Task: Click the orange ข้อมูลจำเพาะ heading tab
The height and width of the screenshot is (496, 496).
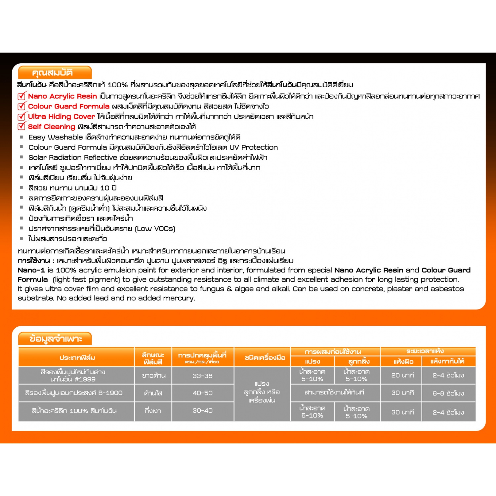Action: (55, 339)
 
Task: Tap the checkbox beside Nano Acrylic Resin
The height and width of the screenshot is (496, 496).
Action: (21, 96)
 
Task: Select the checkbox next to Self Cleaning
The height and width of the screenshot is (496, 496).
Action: (21, 126)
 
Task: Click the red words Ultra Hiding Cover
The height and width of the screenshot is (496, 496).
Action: (62, 116)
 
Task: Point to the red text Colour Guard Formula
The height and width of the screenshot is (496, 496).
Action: (68, 106)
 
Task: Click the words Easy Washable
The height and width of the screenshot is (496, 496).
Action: (56, 137)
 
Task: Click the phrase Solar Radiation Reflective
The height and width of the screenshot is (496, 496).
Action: (73, 157)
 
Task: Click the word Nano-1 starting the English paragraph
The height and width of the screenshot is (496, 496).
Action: (31, 270)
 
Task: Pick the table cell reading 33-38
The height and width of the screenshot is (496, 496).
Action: (202, 376)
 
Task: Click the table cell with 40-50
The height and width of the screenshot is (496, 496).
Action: (202, 393)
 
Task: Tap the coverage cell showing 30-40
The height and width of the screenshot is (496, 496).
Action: (202, 411)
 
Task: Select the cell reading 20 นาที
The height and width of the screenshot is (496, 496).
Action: (402, 375)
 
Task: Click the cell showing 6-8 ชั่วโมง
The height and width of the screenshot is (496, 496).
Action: (448, 393)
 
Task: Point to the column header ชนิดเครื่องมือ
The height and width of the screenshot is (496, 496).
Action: (265, 357)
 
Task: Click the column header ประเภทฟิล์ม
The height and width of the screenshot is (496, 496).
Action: (77, 357)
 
